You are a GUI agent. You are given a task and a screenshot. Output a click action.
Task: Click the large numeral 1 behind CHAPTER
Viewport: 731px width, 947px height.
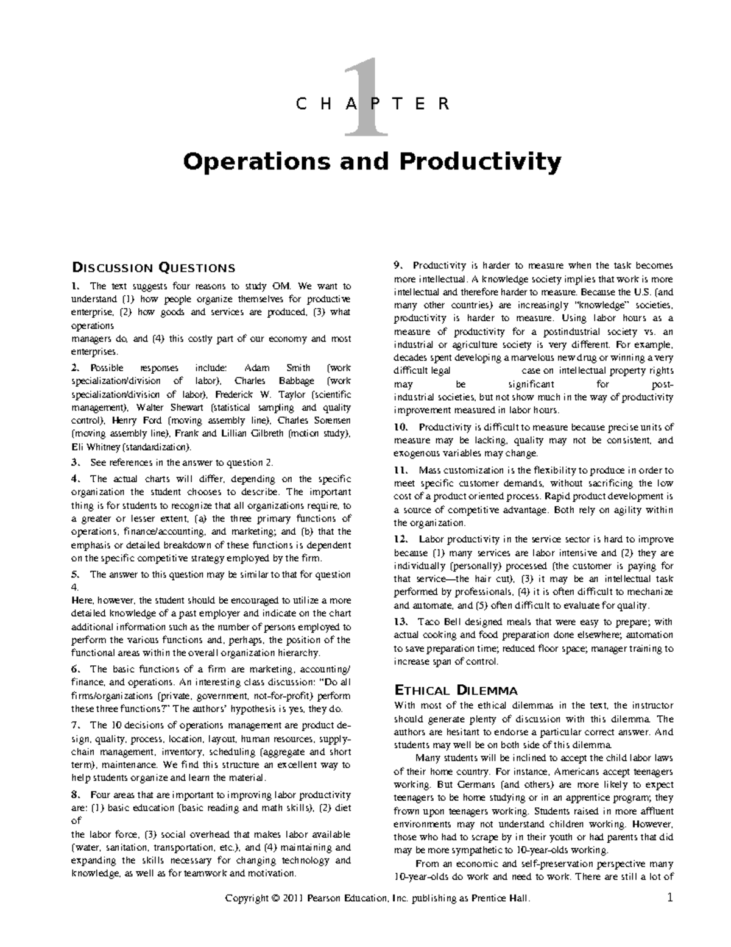point(365,98)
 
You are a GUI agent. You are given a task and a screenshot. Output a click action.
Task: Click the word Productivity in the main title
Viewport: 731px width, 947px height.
point(479,162)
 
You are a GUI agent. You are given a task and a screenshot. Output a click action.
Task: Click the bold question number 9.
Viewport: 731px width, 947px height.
point(398,265)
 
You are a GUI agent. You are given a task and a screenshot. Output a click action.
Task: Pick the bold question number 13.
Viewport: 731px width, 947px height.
point(400,622)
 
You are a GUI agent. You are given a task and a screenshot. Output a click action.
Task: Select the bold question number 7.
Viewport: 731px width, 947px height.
point(75,725)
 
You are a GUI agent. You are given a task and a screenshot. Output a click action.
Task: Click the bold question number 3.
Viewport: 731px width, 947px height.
point(75,462)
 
